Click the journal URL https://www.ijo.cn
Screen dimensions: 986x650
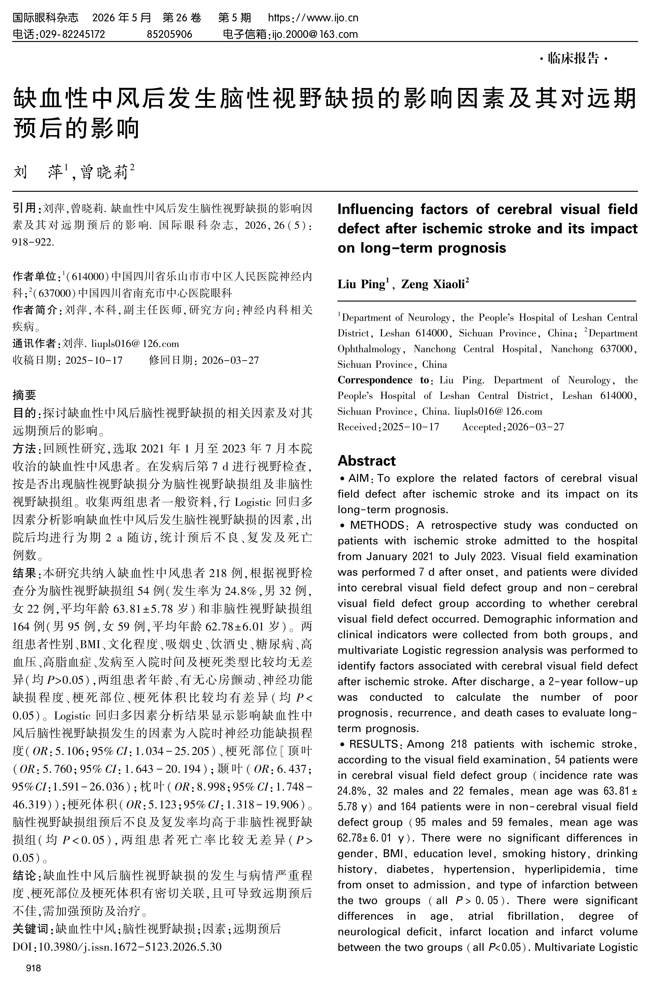click(313, 18)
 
